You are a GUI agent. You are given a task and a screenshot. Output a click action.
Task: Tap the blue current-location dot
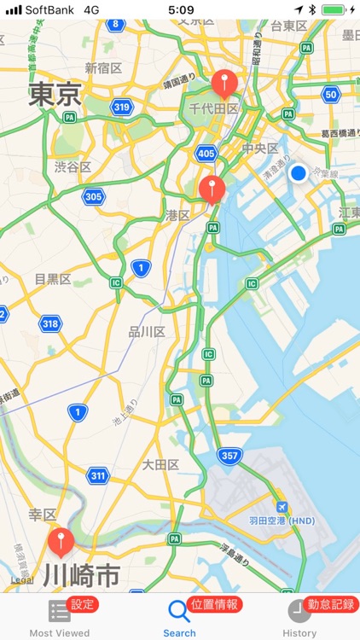click(298, 174)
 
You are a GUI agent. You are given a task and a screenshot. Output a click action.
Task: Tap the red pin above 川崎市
click(60, 540)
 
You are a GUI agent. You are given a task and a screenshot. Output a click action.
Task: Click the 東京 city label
click(55, 94)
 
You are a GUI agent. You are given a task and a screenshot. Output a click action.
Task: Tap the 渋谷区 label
click(73, 167)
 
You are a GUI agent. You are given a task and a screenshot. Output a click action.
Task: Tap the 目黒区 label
click(53, 279)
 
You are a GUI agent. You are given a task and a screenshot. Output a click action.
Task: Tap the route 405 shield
click(205, 154)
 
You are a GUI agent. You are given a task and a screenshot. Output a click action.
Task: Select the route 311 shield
click(97, 474)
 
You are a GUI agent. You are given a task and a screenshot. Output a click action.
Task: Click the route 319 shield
click(121, 107)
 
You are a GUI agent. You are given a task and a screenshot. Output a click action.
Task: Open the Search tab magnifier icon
click(178, 611)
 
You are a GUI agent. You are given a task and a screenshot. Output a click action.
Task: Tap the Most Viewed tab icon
click(59, 611)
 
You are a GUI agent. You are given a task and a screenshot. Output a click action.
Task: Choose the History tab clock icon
click(299, 611)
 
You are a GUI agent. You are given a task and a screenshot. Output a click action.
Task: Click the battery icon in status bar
click(334, 9)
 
